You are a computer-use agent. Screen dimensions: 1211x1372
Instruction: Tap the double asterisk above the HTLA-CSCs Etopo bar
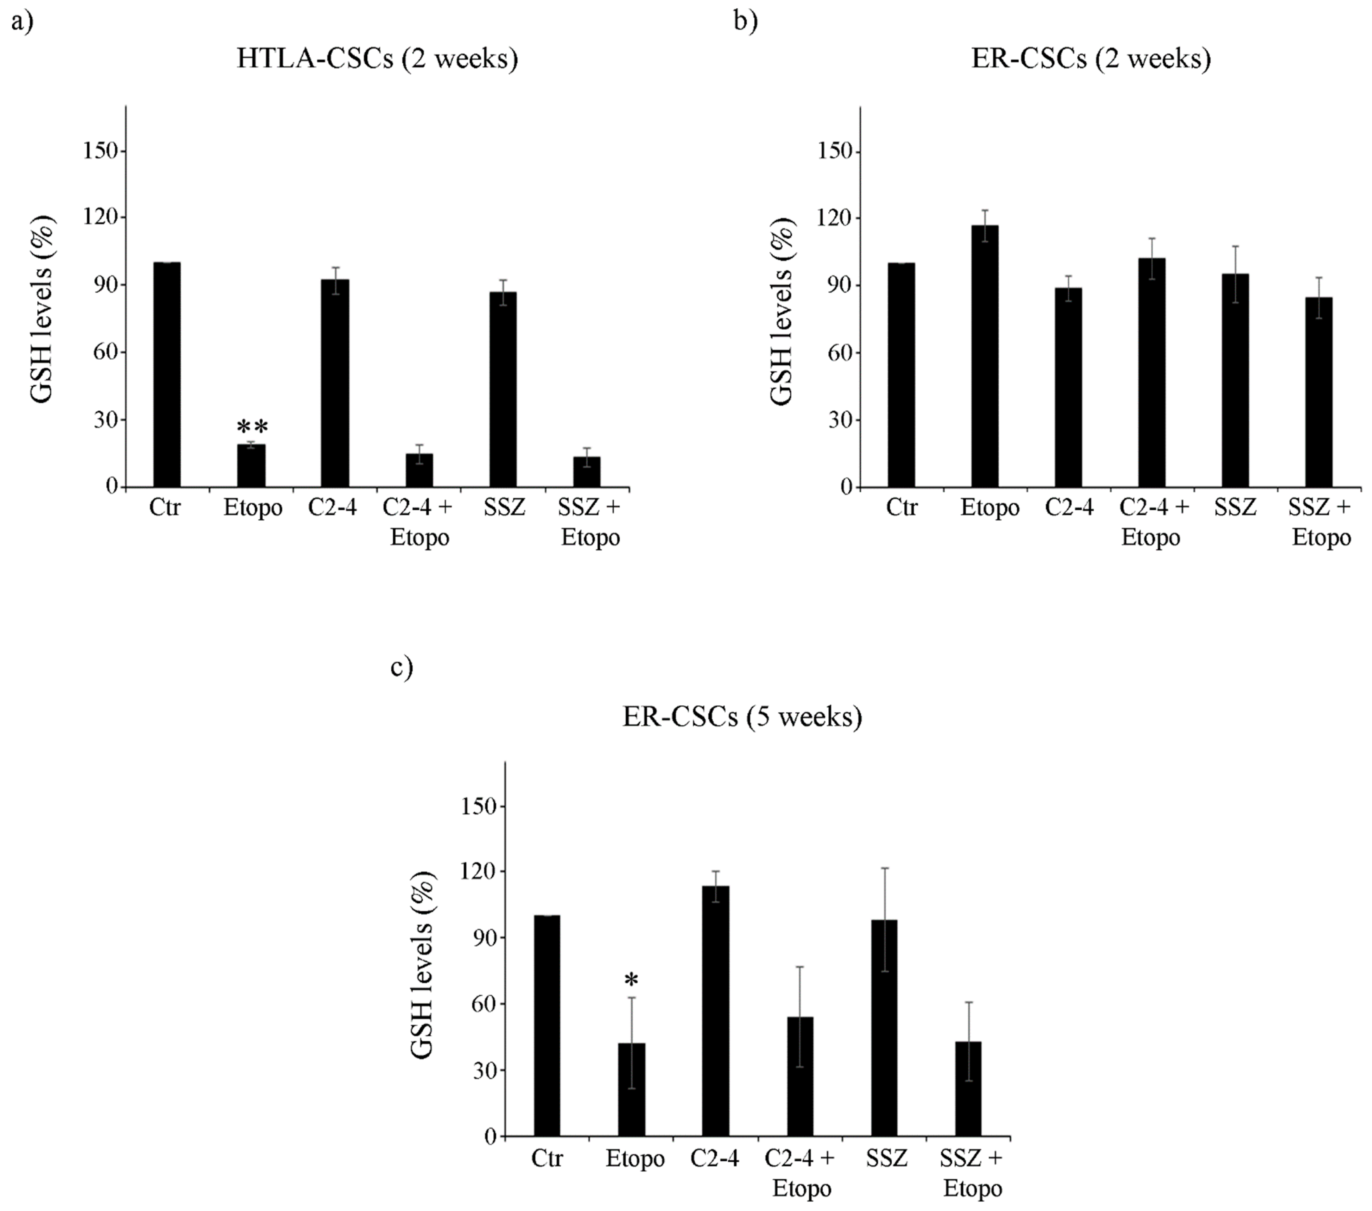tap(252, 427)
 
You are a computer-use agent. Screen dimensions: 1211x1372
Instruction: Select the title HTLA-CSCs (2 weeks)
tap(377, 59)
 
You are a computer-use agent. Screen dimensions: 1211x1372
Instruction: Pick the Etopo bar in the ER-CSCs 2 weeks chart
tap(985, 356)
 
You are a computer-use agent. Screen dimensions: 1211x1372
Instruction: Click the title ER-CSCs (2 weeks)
tap(1091, 59)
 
